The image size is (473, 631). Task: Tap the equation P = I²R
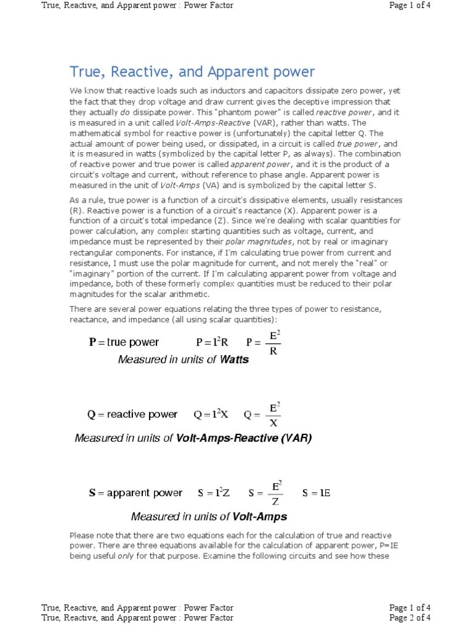(212, 343)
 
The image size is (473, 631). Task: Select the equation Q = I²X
(211, 415)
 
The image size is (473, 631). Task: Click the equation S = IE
(317, 493)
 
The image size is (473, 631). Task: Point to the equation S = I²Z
(214, 493)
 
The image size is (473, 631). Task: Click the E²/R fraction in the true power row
(273, 343)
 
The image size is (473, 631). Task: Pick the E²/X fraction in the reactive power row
(274, 415)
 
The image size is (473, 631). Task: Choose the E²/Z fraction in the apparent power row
(275, 493)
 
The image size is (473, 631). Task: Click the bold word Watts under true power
(235, 360)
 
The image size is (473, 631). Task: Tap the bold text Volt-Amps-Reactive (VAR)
(244, 439)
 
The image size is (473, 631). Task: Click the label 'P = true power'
(124, 343)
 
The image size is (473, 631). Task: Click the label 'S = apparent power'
(135, 493)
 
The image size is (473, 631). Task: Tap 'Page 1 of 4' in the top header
(410, 6)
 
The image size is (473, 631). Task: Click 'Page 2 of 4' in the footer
(410, 617)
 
